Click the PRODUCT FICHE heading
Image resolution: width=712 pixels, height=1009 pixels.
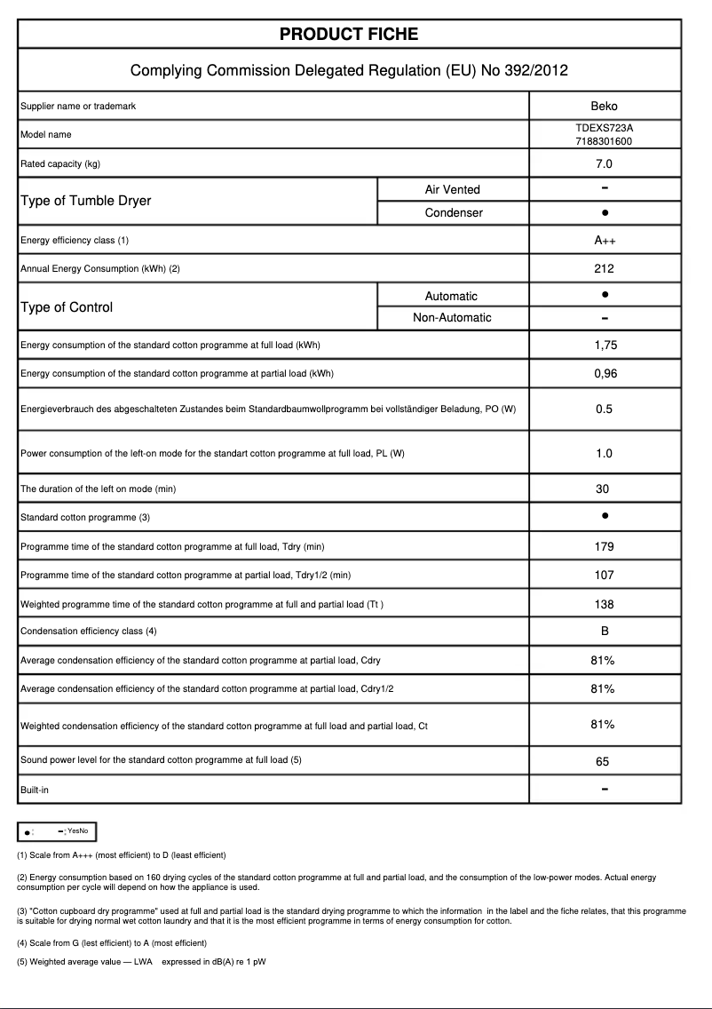(349, 35)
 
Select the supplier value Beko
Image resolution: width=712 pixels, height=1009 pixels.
(604, 107)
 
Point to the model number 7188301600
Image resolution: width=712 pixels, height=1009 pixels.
(604, 141)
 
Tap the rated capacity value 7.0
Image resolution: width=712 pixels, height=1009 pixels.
(604, 164)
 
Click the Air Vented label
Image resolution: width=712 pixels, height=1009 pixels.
(453, 189)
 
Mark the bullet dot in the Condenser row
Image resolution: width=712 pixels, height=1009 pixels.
(604, 213)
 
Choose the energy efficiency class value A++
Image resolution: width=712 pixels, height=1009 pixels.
(604, 241)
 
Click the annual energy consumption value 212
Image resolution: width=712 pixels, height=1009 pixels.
(604, 268)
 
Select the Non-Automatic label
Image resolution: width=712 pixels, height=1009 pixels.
(453, 318)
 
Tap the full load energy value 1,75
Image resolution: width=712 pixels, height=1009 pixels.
(605, 346)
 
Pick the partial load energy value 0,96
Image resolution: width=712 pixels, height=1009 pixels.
(605, 374)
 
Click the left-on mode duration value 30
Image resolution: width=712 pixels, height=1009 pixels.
(604, 489)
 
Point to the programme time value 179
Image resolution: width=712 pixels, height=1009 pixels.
(604, 547)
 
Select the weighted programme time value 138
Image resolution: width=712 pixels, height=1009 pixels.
(604, 605)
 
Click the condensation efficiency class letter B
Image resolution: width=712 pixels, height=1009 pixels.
(604, 632)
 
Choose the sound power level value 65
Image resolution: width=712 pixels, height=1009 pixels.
(604, 761)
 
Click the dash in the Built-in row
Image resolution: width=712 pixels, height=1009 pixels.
(604, 789)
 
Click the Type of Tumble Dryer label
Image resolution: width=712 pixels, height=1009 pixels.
(85, 201)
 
